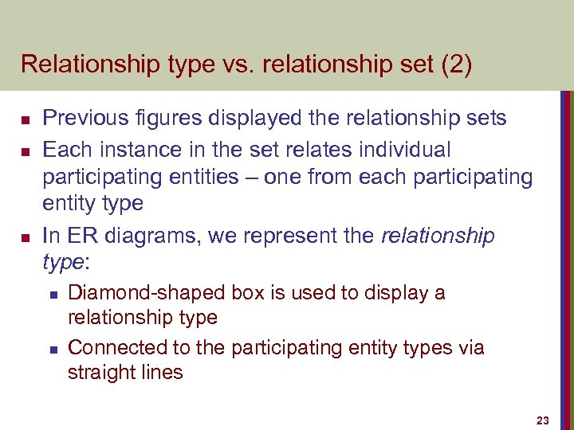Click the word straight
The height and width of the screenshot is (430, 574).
pos(98,373)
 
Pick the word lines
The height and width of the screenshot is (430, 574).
pos(160,372)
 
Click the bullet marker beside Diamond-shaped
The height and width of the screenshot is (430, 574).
pos(52,294)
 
